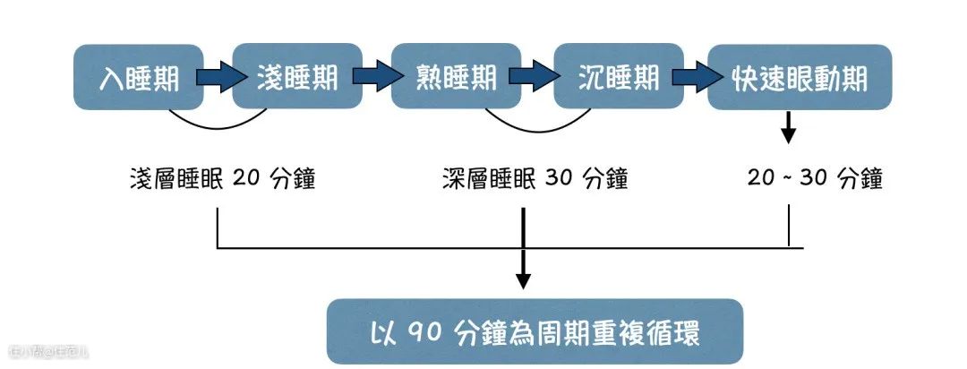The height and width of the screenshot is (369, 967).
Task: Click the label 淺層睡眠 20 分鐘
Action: click(x=221, y=179)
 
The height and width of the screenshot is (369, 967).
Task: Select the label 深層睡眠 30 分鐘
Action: click(x=535, y=179)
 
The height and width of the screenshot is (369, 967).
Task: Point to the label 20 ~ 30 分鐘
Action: click(x=815, y=179)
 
